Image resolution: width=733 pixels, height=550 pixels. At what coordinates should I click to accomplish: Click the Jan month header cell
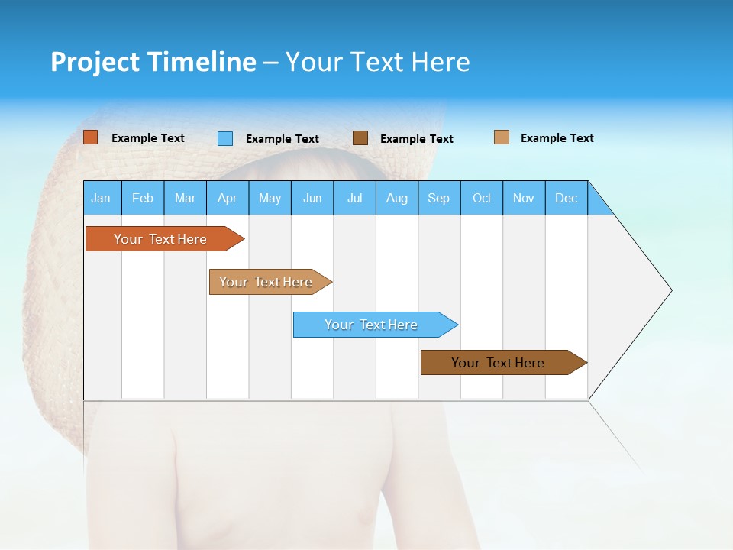pos(102,198)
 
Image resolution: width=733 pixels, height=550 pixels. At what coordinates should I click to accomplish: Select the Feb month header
pos(143,198)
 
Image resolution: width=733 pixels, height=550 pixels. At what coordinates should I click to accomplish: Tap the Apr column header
pos(228,198)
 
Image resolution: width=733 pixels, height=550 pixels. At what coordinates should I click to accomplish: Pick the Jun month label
pos(312,198)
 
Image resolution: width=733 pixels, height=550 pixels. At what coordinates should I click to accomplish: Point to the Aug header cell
pos(397,198)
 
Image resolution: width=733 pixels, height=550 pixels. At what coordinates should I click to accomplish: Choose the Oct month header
pos(482,198)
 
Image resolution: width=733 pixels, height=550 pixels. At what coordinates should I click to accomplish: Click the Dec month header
pos(567,198)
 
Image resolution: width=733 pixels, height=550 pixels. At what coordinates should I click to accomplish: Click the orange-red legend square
pos(91,137)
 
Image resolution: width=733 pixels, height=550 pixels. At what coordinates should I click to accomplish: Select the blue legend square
pos(225,138)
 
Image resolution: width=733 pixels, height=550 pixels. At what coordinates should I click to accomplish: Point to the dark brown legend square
pos(360,138)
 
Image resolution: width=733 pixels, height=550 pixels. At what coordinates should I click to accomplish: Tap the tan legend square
pos(502,137)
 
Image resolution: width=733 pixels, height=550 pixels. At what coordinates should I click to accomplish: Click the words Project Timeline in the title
pos(153,62)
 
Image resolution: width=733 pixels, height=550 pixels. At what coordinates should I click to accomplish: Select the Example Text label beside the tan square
pos(557,138)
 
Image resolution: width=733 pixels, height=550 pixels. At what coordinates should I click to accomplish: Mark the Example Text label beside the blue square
pos(282,139)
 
